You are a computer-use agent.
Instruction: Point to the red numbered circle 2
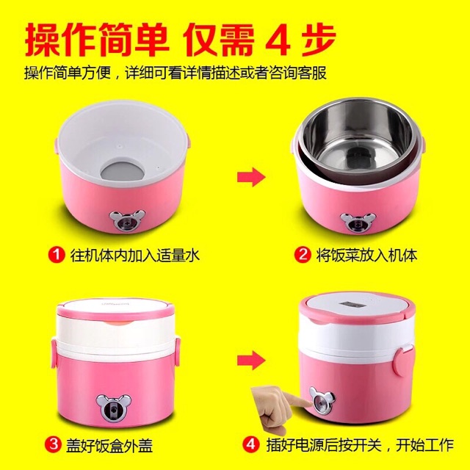(x=301, y=256)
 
